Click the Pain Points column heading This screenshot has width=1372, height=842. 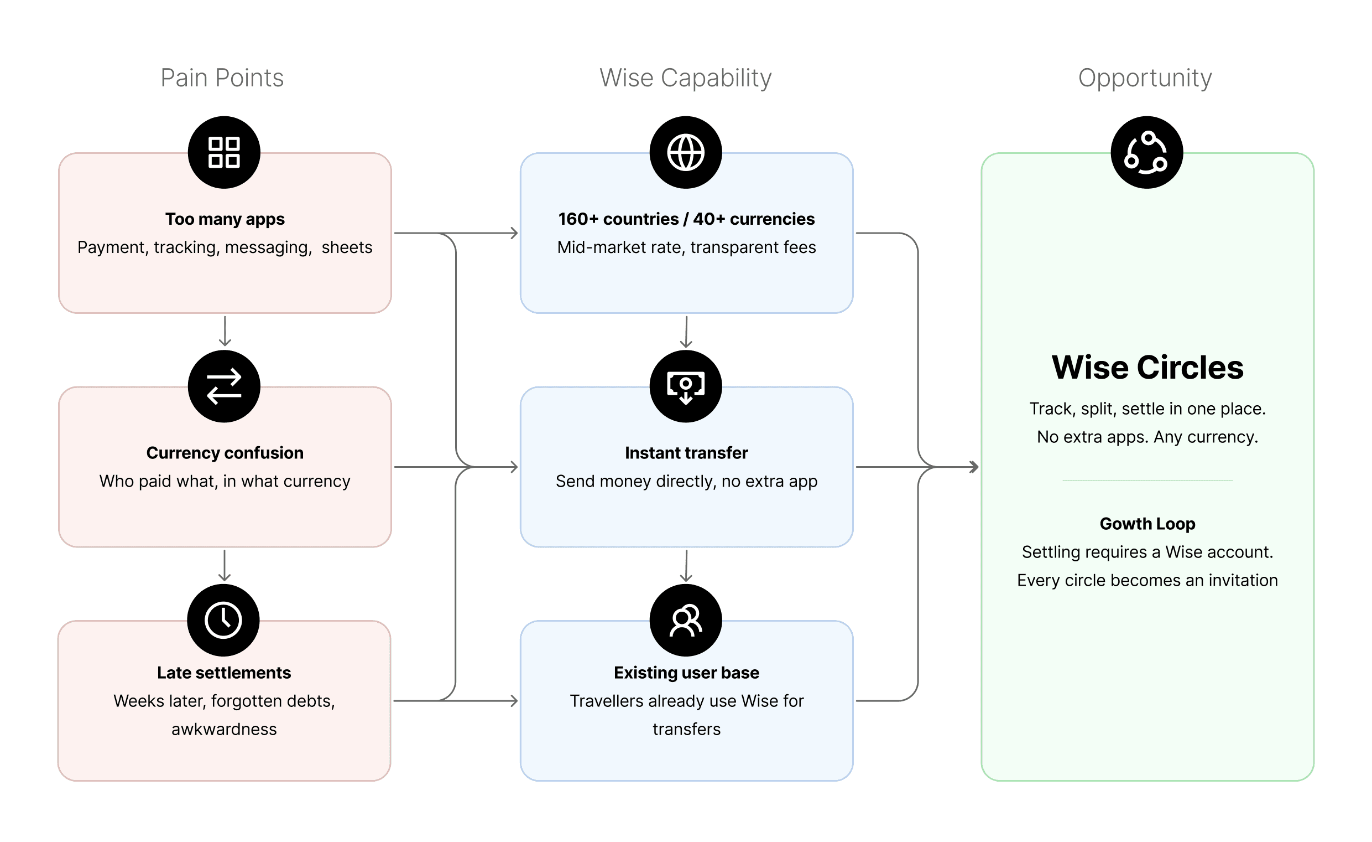click(222, 78)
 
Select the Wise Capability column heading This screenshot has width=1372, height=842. click(685, 78)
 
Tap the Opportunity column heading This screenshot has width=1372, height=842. click(1145, 78)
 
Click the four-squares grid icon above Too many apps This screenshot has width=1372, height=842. click(224, 152)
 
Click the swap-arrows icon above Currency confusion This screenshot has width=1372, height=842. click(224, 386)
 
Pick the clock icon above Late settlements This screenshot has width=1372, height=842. click(223, 620)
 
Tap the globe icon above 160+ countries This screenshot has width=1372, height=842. click(686, 152)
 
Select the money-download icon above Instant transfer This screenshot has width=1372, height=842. click(686, 386)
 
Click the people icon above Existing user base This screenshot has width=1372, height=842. click(686, 620)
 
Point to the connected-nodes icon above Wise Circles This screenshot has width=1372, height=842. click(1146, 152)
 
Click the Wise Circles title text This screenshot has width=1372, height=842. click(1147, 368)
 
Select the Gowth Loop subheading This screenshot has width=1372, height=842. click(1147, 524)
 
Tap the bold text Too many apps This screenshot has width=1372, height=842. click(225, 219)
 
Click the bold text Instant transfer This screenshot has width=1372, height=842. click(686, 453)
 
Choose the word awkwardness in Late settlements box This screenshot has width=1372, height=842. click(224, 729)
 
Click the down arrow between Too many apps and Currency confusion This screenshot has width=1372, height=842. click(225, 332)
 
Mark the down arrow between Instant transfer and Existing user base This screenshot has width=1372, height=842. click(686, 566)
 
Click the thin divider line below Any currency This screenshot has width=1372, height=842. click(1147, 480)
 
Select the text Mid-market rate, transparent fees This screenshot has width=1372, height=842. click(686, 247)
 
